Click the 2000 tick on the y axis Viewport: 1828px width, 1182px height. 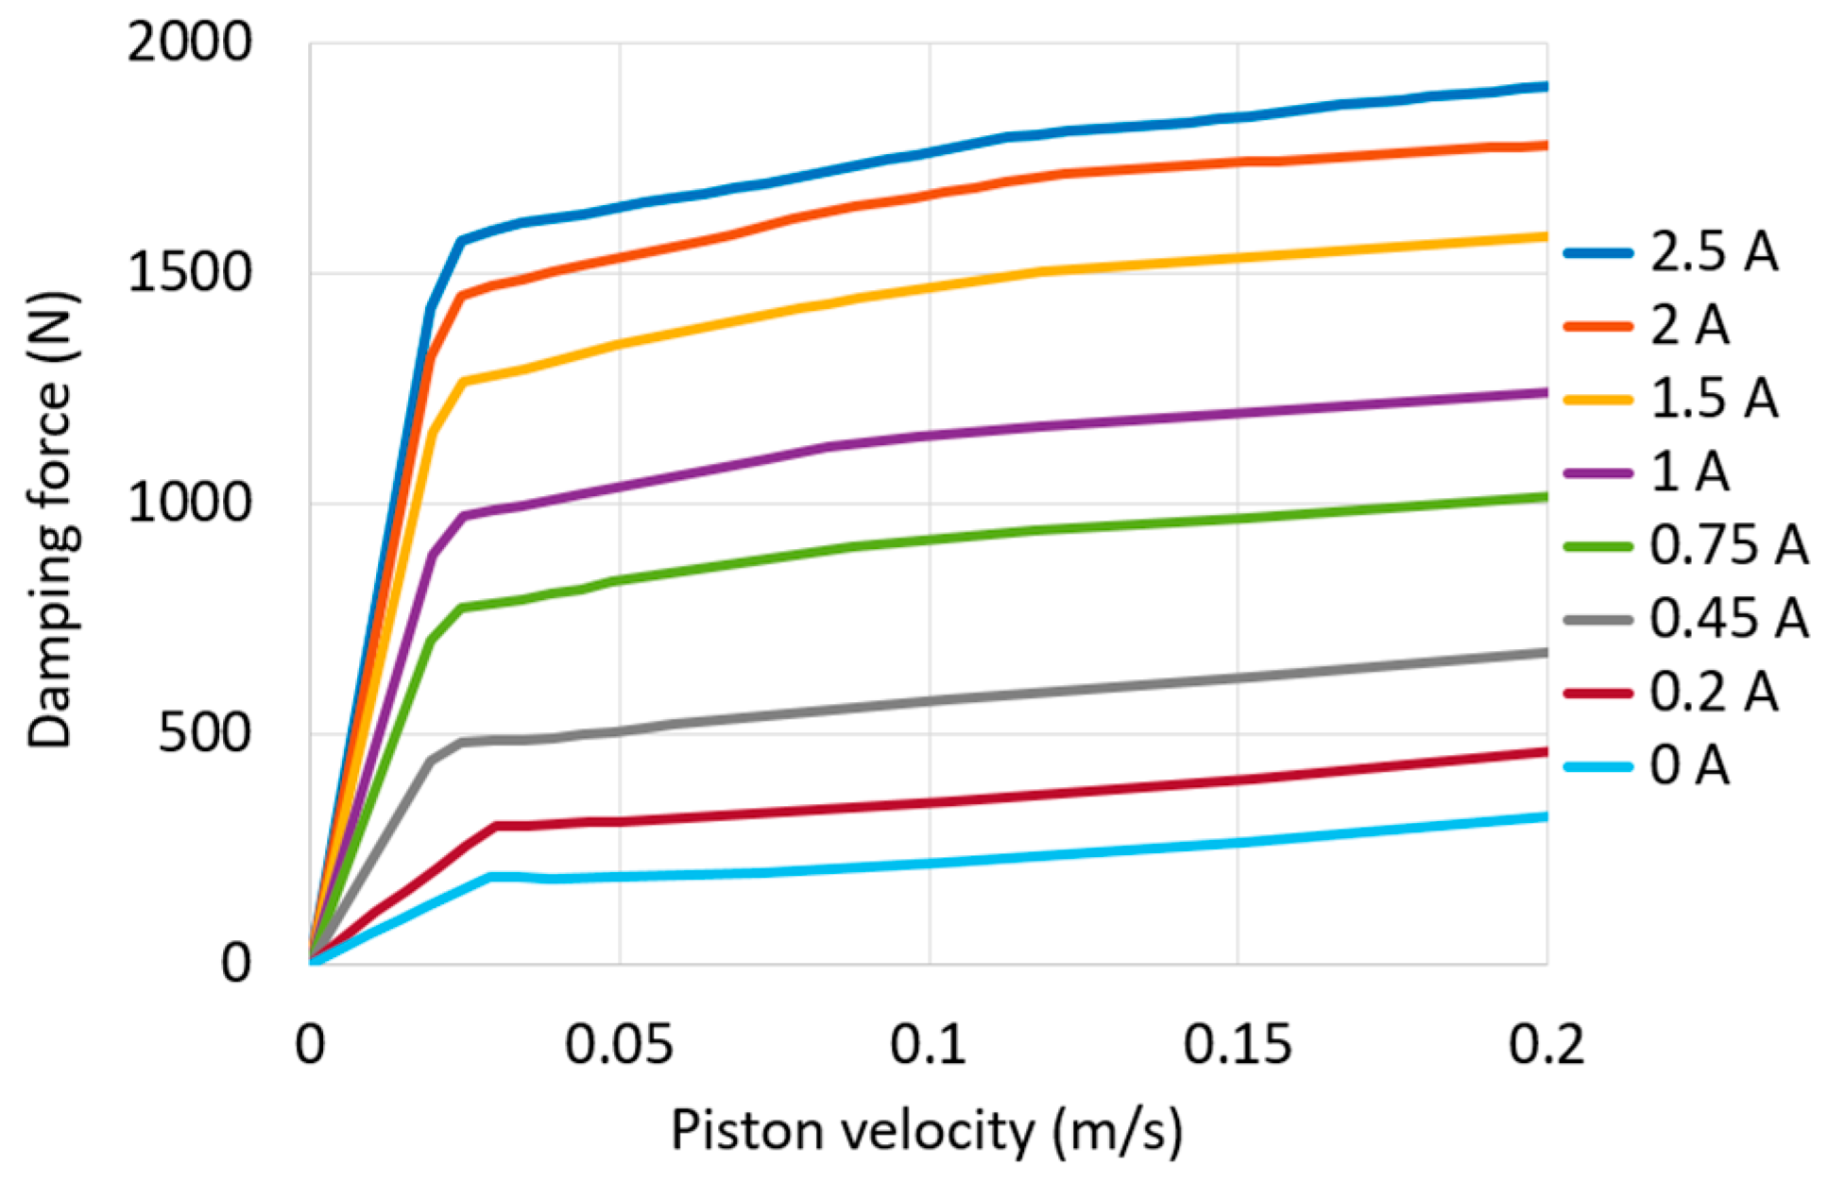tap(189, 43)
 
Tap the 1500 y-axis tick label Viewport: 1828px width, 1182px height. tap(189, 274)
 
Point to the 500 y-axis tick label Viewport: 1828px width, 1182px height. tap(204, 733)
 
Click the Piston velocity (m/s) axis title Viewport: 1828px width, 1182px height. tap(926, 1131)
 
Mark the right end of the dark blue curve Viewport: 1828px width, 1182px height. tap(1546, 86)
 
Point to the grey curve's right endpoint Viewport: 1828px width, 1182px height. tap(1546, 653)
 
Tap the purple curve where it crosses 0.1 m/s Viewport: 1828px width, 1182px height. tap(930, 436)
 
